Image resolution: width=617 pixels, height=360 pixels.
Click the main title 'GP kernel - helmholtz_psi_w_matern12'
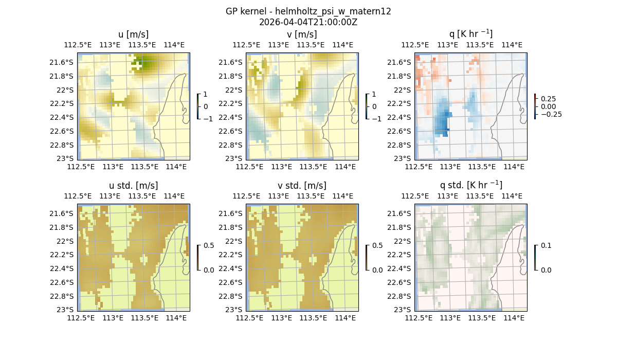(308, 11)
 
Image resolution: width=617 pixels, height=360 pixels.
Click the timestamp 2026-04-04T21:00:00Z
(308, 22)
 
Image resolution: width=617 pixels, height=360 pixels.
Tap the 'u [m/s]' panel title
(133, 34)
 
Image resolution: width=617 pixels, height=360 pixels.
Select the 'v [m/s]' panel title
(302, 34)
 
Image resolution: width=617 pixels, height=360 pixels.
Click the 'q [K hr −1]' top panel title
(470, 34)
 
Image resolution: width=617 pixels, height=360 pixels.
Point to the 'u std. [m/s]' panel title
(133, 186)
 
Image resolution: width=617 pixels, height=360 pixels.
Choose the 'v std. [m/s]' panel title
(302, 186)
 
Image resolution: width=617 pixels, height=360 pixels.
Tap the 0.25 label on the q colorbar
(549, 99)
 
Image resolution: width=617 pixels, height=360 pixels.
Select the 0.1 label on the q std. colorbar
(545, 246)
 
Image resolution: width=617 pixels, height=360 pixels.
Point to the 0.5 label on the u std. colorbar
(209, 246)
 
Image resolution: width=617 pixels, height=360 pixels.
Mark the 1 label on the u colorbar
(205, 95)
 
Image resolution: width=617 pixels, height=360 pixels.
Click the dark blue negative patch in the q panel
(441, 123)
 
